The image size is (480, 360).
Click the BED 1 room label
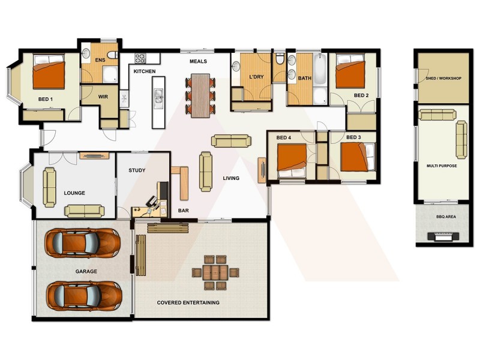tap(46, 99)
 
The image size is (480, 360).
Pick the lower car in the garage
tap(83, 294)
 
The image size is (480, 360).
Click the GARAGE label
tap(86, 271)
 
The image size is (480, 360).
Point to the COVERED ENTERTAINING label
tap(188, 302)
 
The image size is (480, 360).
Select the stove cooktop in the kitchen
tap(140, 58)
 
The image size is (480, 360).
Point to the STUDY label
tap(137, 170)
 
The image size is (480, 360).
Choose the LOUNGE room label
tap(74, 193)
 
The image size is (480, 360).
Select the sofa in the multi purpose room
tap(461, 140)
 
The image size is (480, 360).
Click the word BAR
tap(184, 211)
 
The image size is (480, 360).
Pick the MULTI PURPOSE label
tap(442, 166)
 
